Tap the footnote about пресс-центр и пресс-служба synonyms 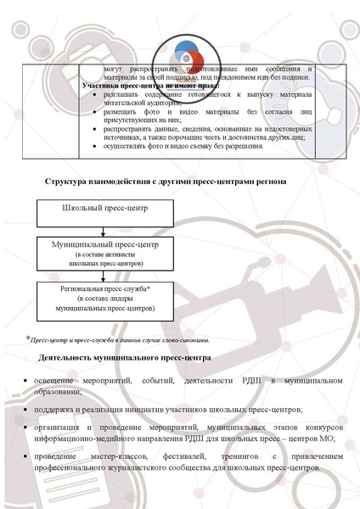[x=118, y=339]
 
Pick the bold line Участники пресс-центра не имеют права [x=149, y=86]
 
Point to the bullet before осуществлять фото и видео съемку [x=94, y=147]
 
